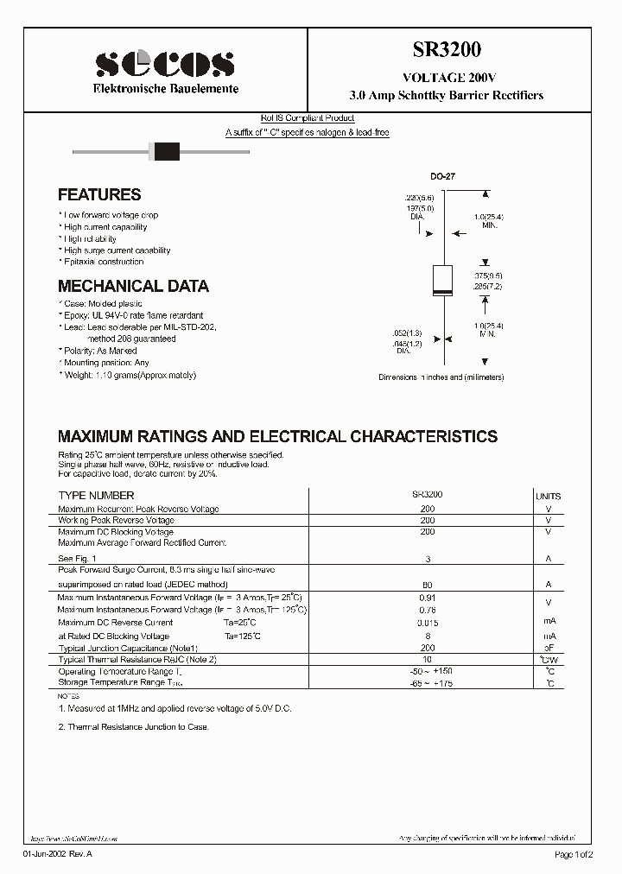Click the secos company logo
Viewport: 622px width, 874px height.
tap(164, 63)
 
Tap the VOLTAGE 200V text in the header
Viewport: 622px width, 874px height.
tap(447, 77)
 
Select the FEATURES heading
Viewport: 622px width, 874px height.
tap(99, 195)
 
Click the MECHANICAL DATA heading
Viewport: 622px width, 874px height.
tap(133, 286)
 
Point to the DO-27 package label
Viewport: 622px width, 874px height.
tap(442, 176)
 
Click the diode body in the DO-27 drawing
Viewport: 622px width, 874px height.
tap(442, 281)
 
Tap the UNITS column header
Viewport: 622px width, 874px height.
tap(548, 497)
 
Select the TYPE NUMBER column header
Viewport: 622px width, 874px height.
tap(96, 496)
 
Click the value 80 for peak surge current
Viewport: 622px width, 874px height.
tap(427, 585)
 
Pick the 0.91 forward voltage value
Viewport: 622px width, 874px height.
tap(427, 598)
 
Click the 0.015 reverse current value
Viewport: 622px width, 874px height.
tap(427, 623)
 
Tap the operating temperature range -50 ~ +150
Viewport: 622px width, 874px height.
tap(427, 671)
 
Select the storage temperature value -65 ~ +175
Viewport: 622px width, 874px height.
tap(427, 683)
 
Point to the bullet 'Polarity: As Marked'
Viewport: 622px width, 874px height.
tap(99, 351)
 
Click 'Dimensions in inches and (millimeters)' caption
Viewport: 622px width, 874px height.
tap(441, 377)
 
